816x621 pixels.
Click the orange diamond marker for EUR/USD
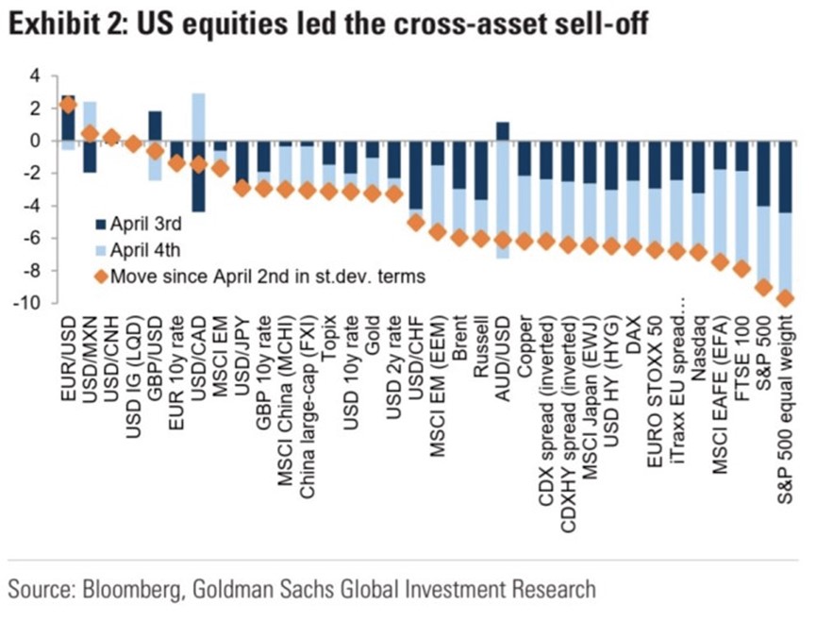pos(68,105)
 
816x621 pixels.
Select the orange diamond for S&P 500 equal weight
pos(786,299)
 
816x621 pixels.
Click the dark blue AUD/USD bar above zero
pos(502,131)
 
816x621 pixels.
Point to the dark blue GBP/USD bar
pos(155,126)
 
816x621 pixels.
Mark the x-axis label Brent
pos(458,342)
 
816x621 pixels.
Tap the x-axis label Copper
pos(524,345)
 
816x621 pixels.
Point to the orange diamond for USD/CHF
pos(415,223)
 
